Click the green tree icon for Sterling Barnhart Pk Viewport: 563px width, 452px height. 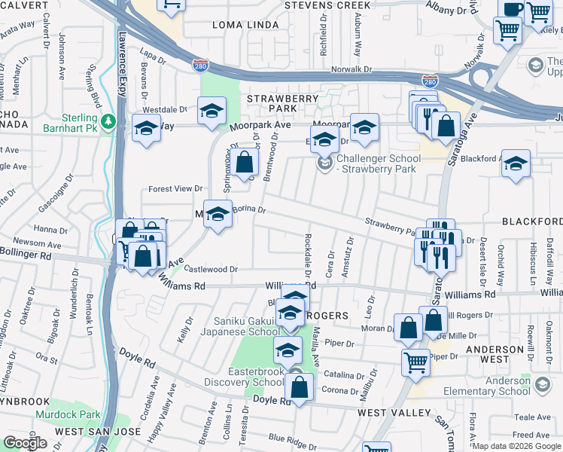click(109, 121)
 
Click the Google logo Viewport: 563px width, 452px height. click(25, 442)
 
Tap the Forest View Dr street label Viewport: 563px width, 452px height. click(176, 189)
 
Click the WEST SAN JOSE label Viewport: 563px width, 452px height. click(89, 431)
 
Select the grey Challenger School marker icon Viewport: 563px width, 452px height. click(324, 163)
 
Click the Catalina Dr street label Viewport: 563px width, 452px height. click(345, 374)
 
